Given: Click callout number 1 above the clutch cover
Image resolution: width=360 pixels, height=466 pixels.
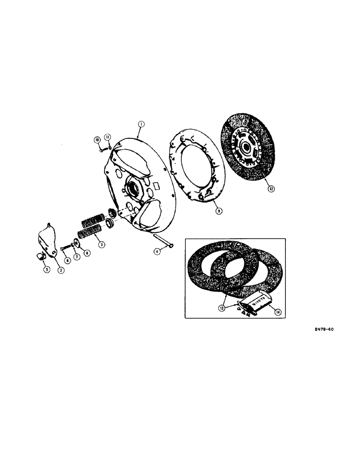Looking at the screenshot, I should (x=141, y=124).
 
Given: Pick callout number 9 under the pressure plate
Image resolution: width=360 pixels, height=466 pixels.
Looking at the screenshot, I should (x=219, y=210).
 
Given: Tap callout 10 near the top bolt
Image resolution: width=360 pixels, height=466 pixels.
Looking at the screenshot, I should (x=97, y=140).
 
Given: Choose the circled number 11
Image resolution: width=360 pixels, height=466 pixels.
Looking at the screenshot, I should (x=107, y=137).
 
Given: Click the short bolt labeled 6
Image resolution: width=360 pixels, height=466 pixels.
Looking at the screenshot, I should (x=65, y=248).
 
